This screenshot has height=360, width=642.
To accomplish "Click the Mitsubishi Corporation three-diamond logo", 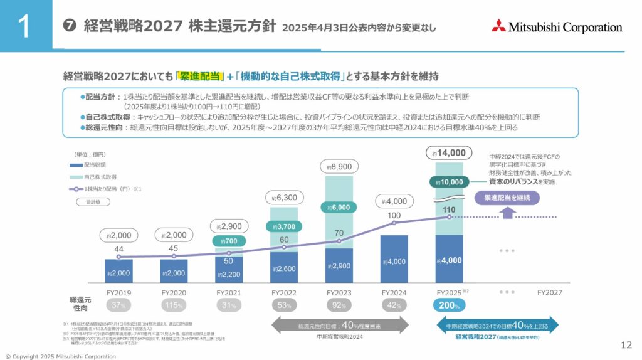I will tap(498, 26).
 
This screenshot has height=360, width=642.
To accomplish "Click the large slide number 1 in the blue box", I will tap(25, 27).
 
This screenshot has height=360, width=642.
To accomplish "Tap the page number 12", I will tap(626, 344).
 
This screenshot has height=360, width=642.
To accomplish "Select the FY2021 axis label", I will tap(229, 292).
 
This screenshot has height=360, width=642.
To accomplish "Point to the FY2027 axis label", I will tap(549, 292).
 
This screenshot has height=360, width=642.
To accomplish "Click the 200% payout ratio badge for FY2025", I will tap(448, 305).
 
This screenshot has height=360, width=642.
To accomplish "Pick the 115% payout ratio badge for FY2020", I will tap(174, 305).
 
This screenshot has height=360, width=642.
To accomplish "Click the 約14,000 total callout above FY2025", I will tap(448, 152).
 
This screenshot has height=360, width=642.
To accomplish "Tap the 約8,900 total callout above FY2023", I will tap(339, 166).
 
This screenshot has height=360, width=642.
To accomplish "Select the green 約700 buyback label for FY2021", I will tap(229, 240).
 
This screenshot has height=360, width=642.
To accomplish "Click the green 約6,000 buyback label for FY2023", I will tap(339, 208).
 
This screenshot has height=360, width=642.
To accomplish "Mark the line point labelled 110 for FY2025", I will tap(448, 217).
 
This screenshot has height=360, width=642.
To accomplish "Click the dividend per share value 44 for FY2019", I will tap(118, 249).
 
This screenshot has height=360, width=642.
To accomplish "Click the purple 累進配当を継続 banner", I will tap(507, 198).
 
